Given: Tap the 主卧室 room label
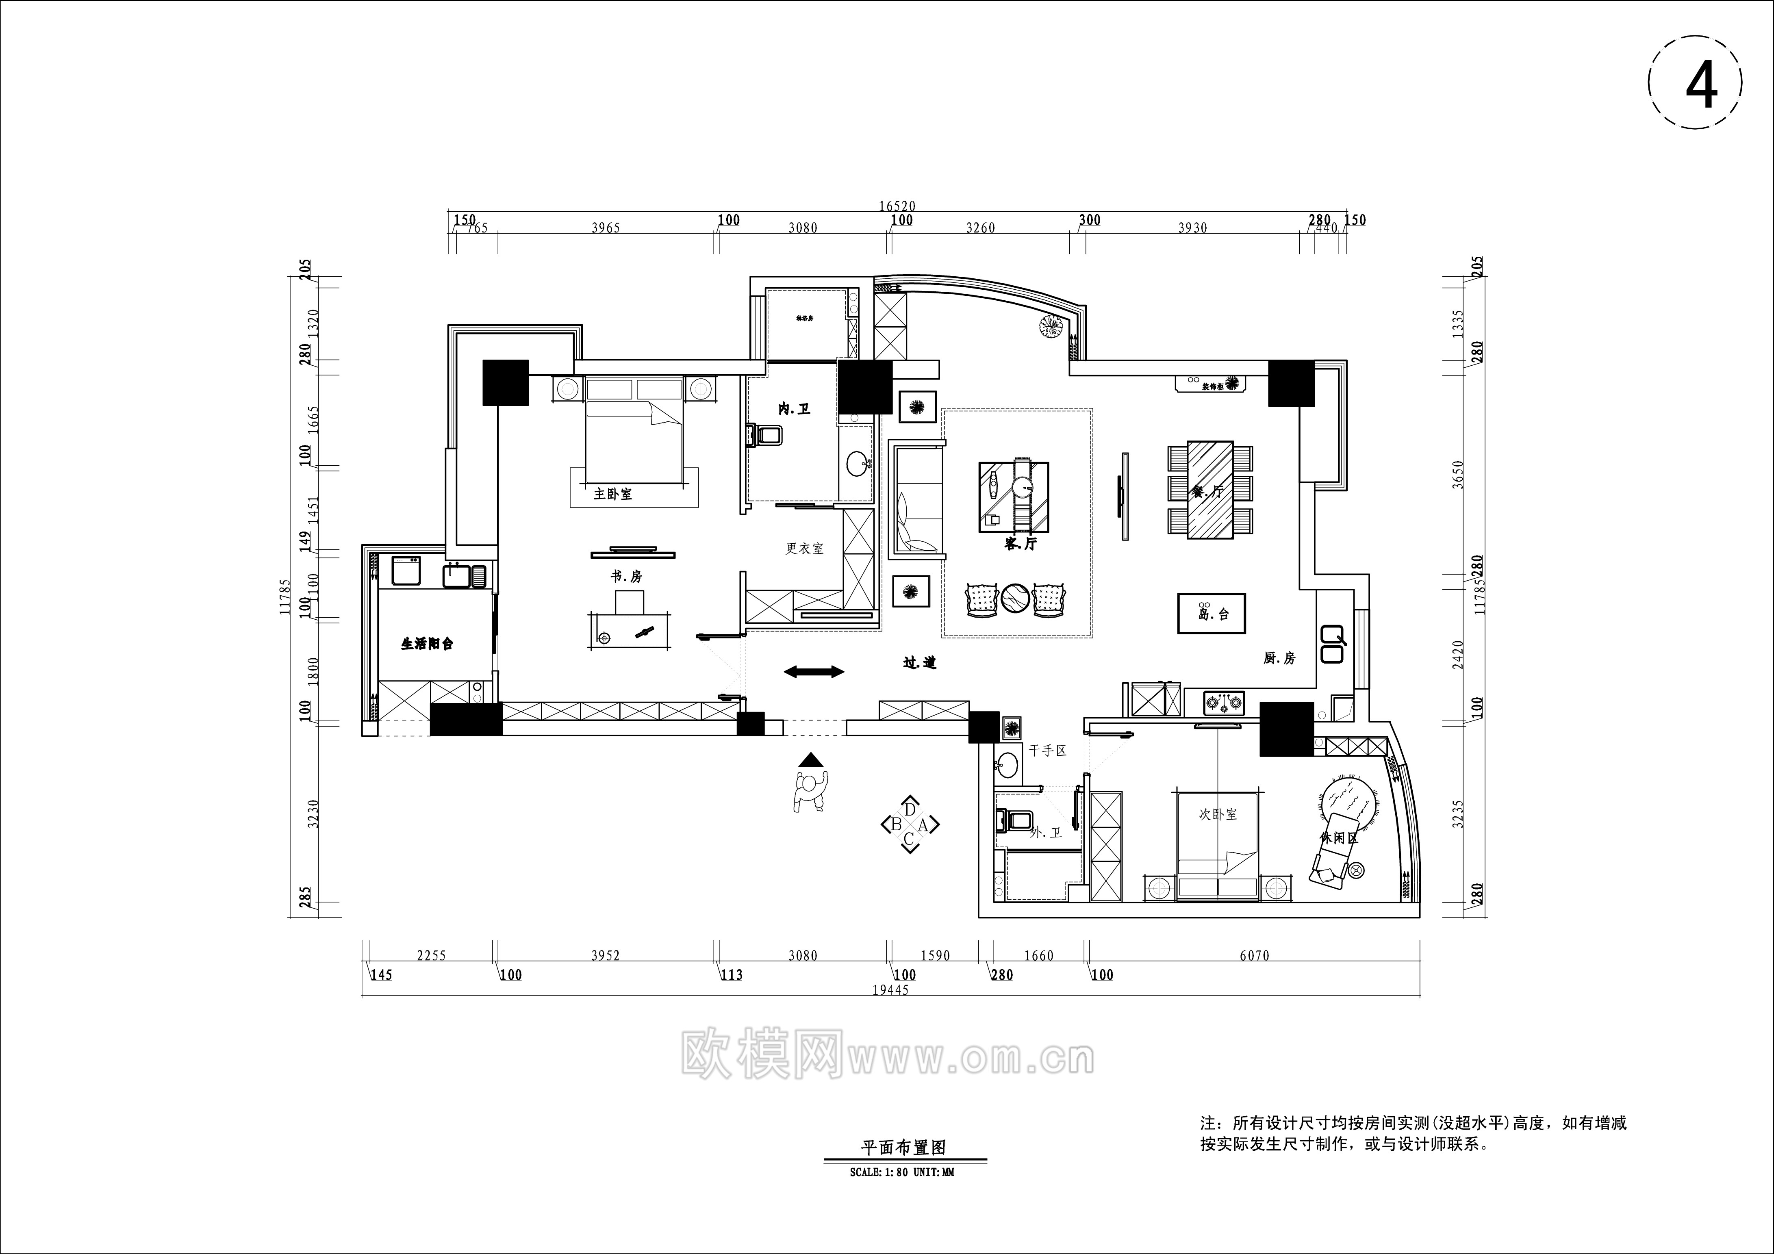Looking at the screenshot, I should pyautogui.click(x=613, y=494).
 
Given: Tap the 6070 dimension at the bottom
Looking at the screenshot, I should pyautogui.click(x=1254, y=956).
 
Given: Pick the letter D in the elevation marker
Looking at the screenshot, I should pyautogui.click(x=910, y=809).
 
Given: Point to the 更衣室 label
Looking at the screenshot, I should pyautogui.click(x=804, y=549).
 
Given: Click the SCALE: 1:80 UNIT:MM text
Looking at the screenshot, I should pyautogui.click(x=902, y=1172).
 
